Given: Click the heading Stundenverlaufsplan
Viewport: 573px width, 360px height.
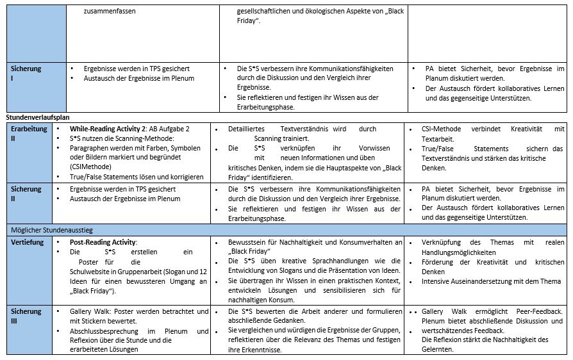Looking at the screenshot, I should coord(38,118).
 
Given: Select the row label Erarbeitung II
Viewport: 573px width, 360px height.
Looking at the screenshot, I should coord(26,133).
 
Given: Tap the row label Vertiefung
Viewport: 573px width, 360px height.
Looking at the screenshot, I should coord(27,243).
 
